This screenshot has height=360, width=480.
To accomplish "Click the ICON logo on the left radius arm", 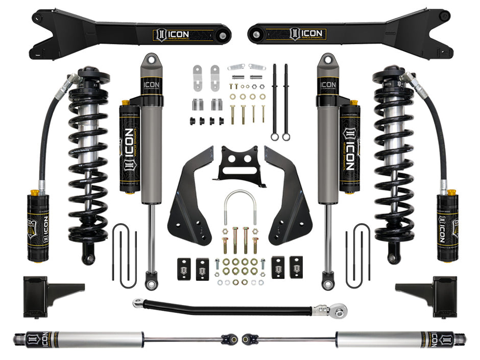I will (x=172, y=34).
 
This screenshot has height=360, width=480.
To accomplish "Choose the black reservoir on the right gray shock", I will (x=351, y=148).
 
